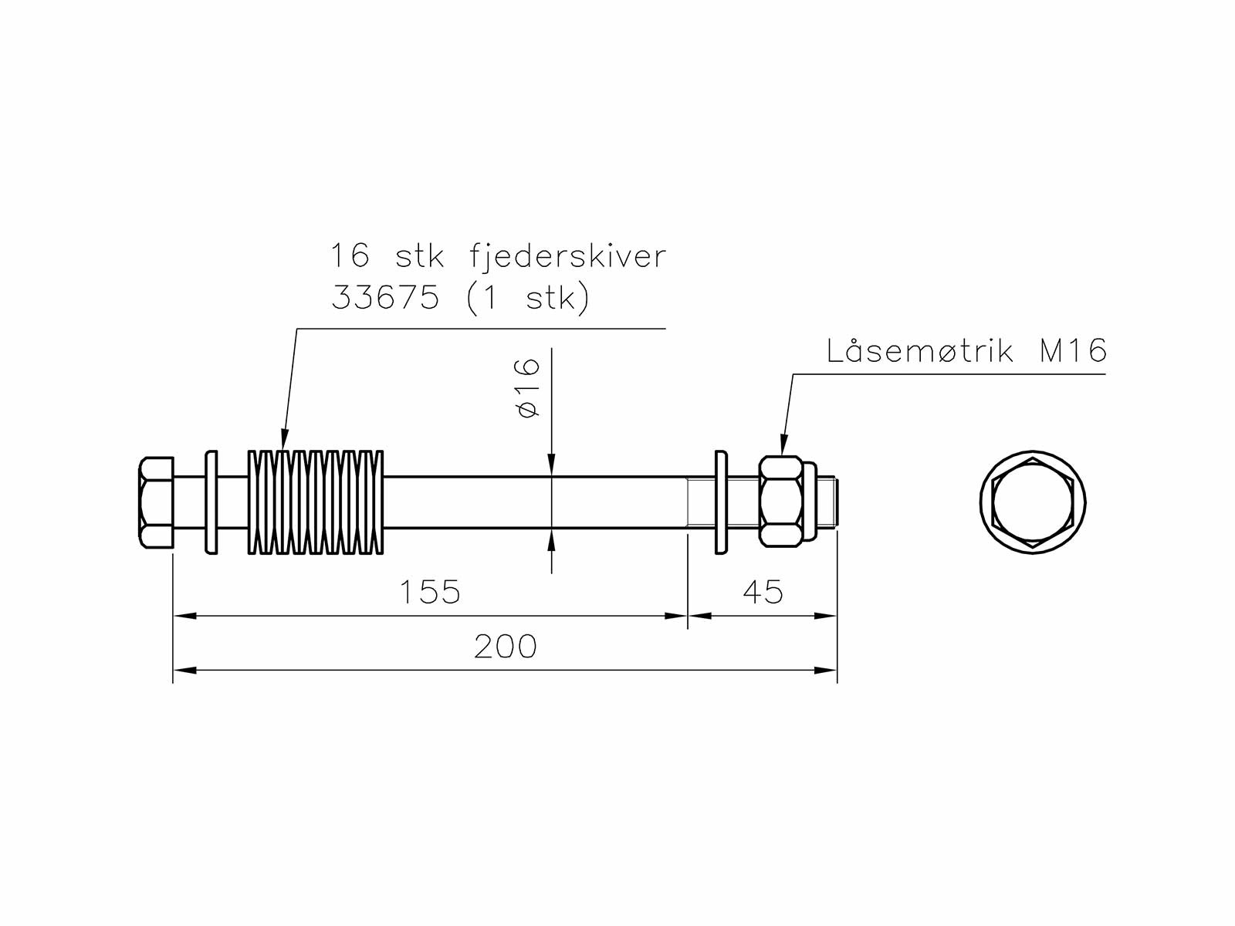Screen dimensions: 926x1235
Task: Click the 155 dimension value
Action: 429,593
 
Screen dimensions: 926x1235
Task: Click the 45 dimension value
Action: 763,593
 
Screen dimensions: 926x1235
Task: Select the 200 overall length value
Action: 505,647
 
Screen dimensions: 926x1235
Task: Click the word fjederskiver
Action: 567,256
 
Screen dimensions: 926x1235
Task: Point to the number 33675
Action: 385,298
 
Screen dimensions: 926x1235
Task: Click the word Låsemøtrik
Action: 919,351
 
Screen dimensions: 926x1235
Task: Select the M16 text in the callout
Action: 1073,351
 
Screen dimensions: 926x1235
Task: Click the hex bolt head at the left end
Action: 156,502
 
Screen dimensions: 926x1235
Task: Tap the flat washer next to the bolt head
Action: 211,502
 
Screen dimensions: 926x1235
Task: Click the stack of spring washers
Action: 315,502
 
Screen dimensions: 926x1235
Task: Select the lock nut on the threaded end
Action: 781,502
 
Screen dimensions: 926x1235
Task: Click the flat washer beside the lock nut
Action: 721,502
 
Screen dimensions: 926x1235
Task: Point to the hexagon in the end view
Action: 1033,502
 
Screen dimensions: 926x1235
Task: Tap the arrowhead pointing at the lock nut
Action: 783,448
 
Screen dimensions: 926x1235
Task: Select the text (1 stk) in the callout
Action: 528,298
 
